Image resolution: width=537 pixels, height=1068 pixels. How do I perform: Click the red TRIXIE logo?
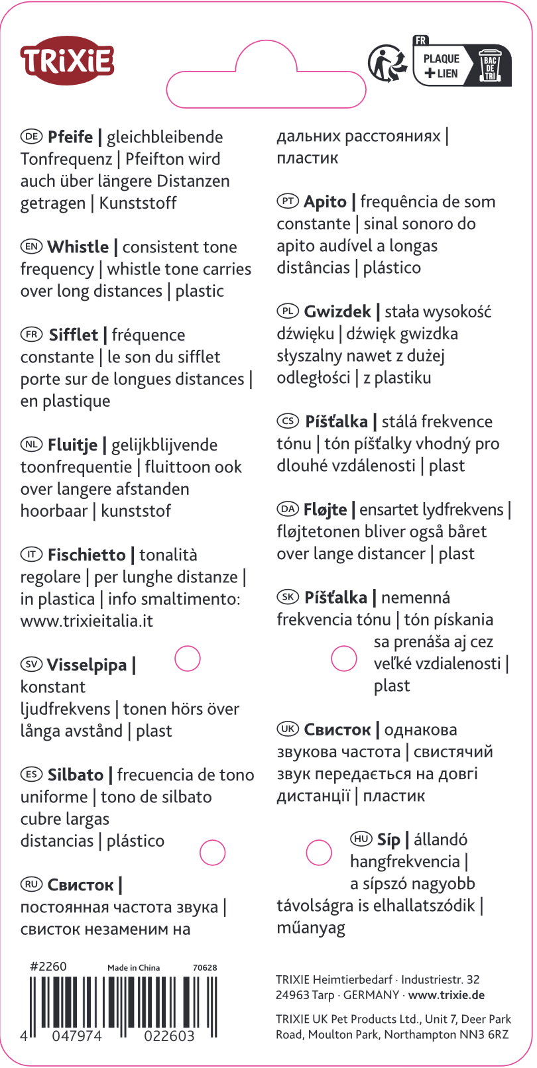67,60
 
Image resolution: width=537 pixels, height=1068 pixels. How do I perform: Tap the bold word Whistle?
78,247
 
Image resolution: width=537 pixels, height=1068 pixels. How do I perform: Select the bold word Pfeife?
70,137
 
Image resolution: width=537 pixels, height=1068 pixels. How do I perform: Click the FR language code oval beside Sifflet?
31,335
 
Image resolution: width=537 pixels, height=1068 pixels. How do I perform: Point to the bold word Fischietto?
86,555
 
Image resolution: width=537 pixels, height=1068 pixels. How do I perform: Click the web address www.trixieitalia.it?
87,621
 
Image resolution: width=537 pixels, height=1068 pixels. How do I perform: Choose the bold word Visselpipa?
87,665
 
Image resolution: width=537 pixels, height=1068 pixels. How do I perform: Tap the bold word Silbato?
76,775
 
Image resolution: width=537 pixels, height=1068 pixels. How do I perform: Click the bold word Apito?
325,202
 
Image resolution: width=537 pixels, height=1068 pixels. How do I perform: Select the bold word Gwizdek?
337,312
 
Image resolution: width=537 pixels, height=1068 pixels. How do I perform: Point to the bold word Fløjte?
325,510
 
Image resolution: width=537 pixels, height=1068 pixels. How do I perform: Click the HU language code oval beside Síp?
361,839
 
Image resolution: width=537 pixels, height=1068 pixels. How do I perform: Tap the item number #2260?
48,967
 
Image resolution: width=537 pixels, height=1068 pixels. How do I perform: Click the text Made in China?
134,968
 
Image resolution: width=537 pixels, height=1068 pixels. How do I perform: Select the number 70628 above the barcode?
205,968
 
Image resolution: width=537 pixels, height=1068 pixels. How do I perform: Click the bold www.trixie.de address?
446,995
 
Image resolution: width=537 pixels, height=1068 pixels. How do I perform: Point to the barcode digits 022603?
170,1036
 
